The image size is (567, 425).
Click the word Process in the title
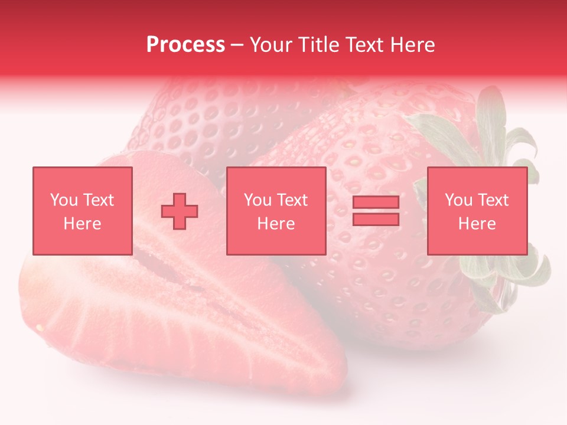click(185, 45)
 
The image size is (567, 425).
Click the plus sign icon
click(180, 211)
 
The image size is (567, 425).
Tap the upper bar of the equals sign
click(376, 202)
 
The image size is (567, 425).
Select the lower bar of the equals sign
click(376, 220)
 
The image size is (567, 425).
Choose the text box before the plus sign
click(83, 211)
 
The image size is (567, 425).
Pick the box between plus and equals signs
click(276, 211)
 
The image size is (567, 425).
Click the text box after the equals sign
click(477, 211)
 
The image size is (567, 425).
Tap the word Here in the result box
click(477, 224)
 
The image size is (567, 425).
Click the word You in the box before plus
click(64, 200)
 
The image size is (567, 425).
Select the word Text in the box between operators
click(292, 200)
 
